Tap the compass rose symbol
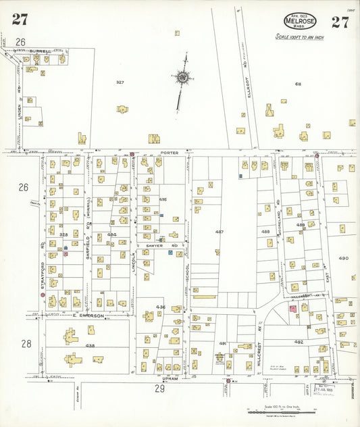pyautogui.click(x=182, y=78)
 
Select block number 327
pyautogui.click(x=120, y=82)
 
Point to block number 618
pyautogui.click(x=297, y=84)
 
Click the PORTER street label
pyautogui.click(x=169, y=153)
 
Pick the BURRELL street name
pyautogui.click(x=40, y=49)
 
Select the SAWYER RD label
pyautogui.click(x=156, y=246)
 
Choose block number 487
pyautogui.click(x=220, y=232)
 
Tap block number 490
pyautogui.click(x=343, y=258)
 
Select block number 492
pyautogui.click(x=299, y=342)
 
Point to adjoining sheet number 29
pyautogui.click(x=160, y=388)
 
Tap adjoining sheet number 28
pyautogui.click(x=26, y=344)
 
